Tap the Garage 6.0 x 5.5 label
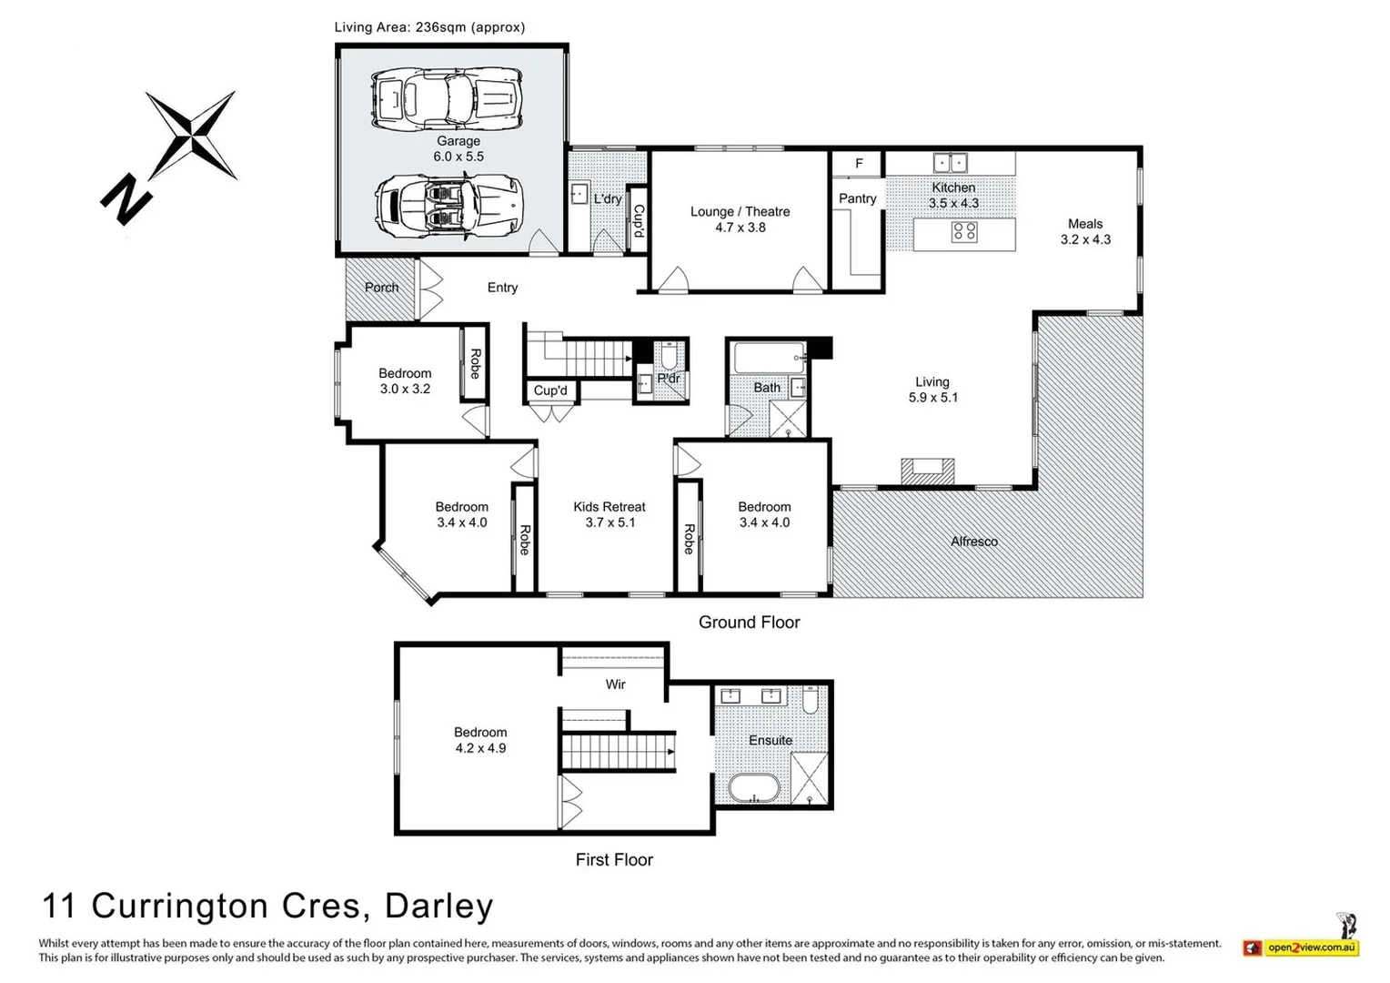click(458, 148)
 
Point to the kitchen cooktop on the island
click(964, 232)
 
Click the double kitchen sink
click(949, 163)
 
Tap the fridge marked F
click(858, 164)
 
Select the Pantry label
click(857, 198)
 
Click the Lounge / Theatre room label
click(740, 219)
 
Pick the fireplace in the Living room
click(927, 471)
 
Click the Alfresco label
click(973, 542)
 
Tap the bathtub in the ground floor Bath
click(769, 357)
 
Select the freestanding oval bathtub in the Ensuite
click(753, 788)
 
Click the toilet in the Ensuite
click(812, 699)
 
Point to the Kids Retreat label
click(609, 514)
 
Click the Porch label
click(381, 288)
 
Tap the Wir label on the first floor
click(615, 684)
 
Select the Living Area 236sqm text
click(429, 27)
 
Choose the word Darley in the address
click(438, 907)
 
